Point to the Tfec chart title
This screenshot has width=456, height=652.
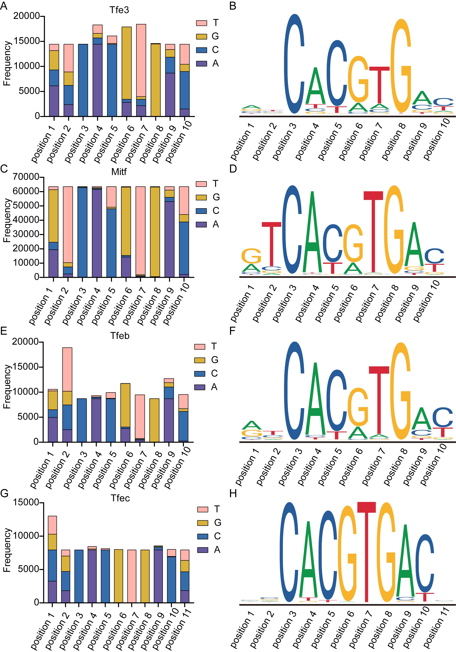coord(120,498)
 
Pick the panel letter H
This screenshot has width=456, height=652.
coord(233,494)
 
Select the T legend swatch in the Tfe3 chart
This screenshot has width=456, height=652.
coord(201,23)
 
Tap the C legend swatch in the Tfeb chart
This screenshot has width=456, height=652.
coord(200,373)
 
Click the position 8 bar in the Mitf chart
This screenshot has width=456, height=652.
coord(155,232)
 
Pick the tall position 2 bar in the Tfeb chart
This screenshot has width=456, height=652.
coord(67,395)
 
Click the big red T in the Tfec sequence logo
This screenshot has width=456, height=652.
coord(366,548)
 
